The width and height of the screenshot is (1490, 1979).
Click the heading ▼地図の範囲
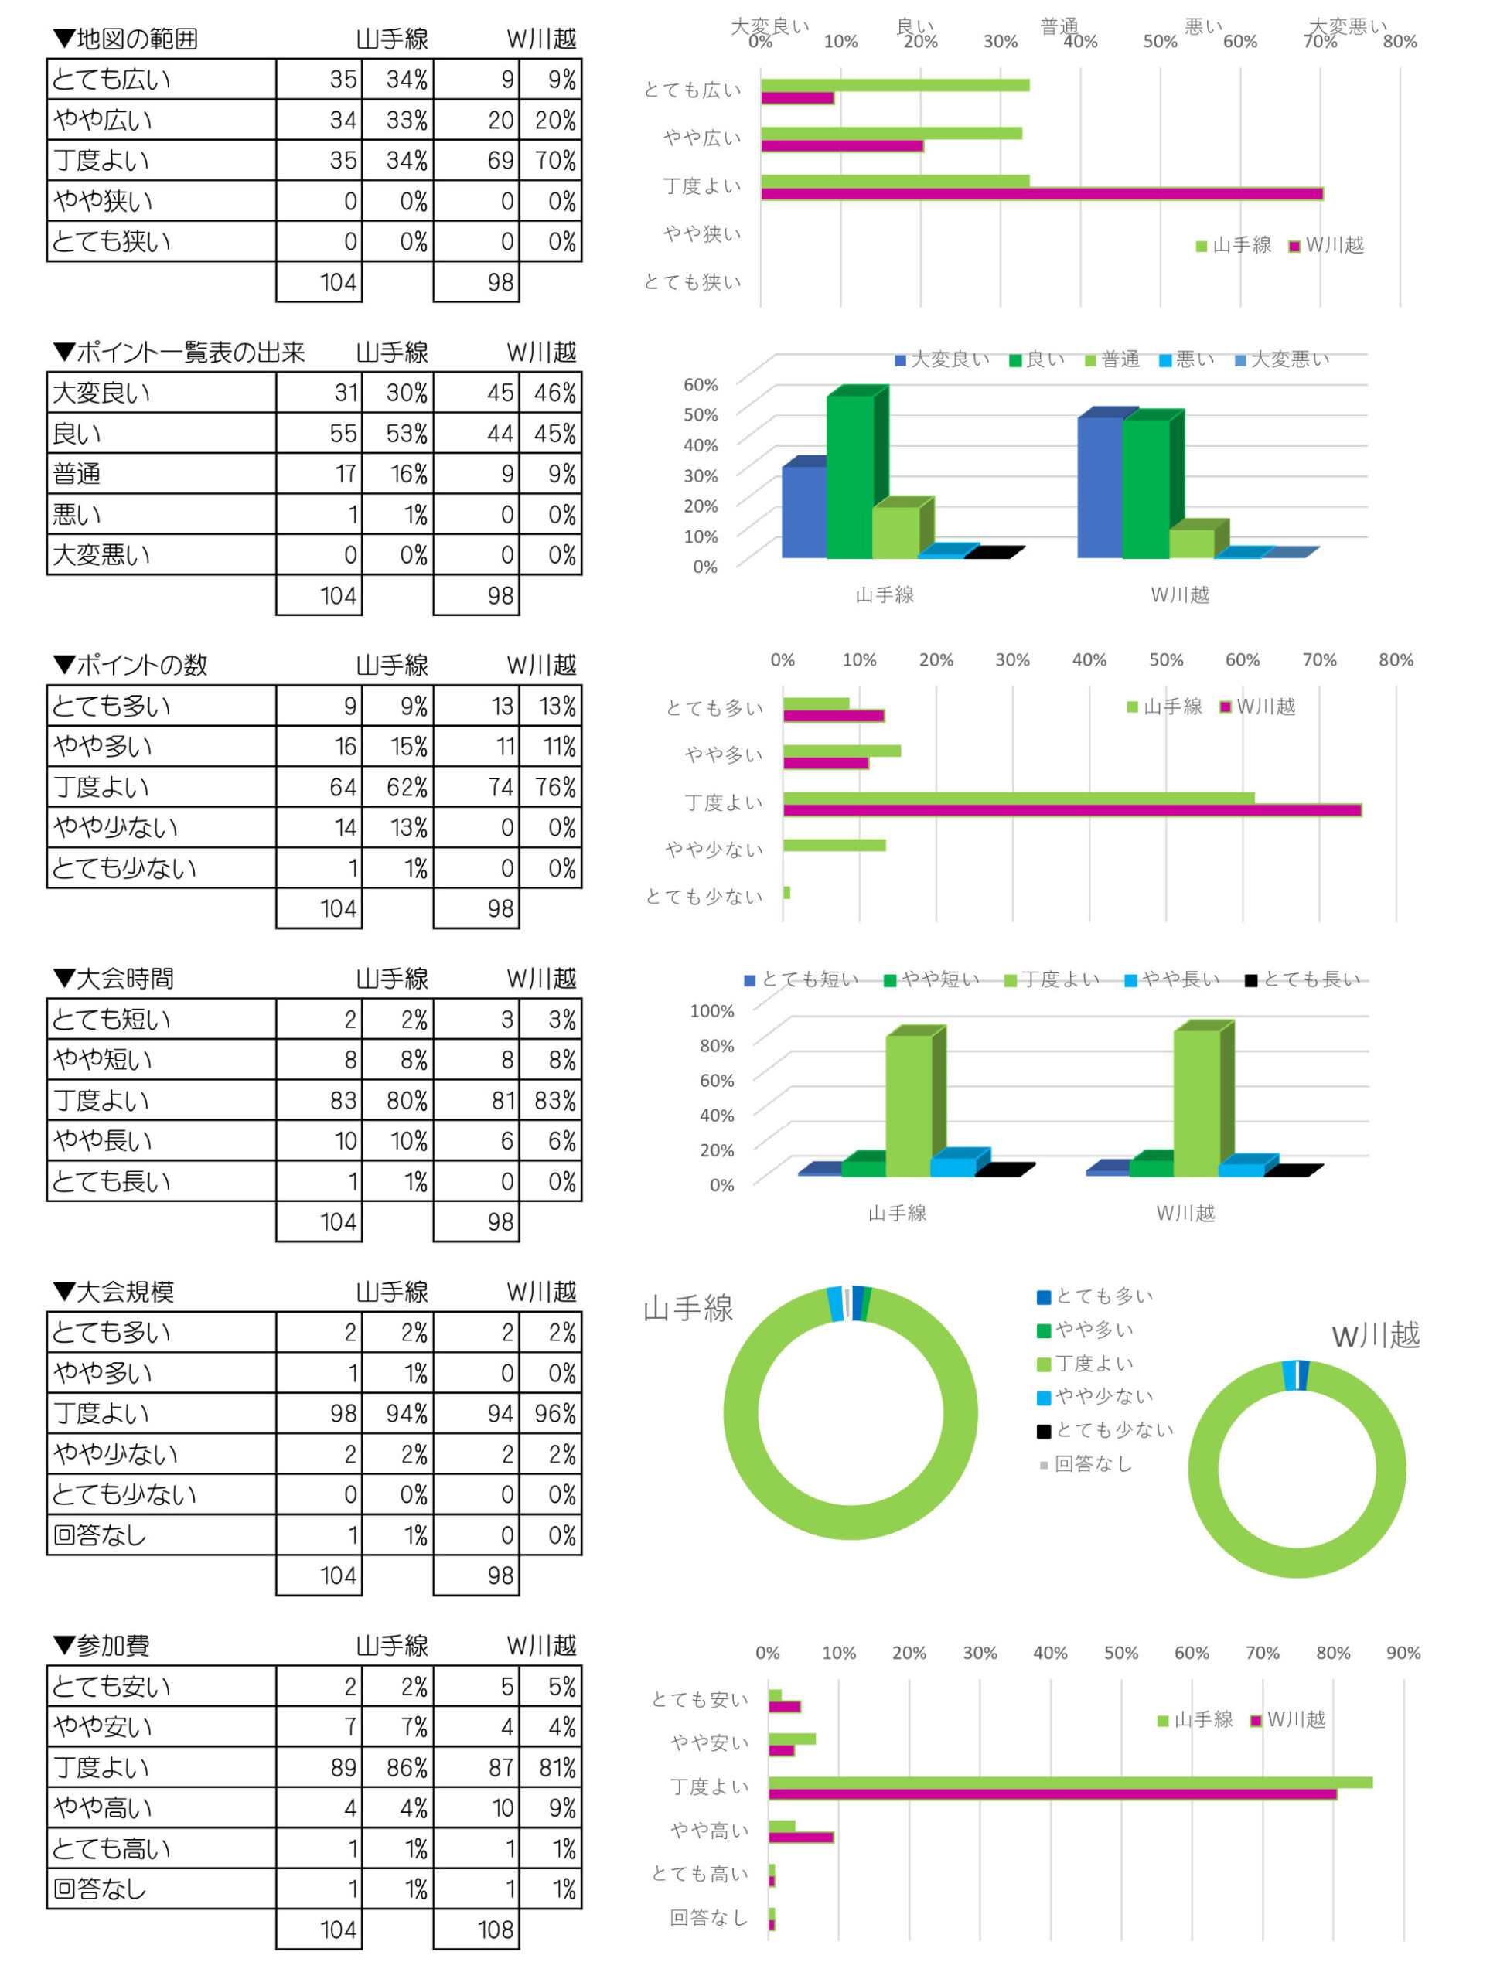[x=125, y=39]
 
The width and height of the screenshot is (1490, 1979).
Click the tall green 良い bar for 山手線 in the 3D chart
[x=849, y=474]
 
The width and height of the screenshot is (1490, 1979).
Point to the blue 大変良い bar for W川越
[x=1100, y=488]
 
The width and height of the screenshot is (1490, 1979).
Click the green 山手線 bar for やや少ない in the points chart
[x=834, y=846]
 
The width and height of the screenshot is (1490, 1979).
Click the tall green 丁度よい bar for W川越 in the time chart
[x=1196, y=1103]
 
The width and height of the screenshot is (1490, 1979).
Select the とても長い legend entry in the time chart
[x=1303, y=980]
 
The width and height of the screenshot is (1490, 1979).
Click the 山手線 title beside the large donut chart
[x=687, y=1309]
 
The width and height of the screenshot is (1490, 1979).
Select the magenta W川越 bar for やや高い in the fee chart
[x=801, y=1838]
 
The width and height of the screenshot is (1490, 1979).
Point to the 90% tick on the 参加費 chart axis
[x=1403, y=1654]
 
